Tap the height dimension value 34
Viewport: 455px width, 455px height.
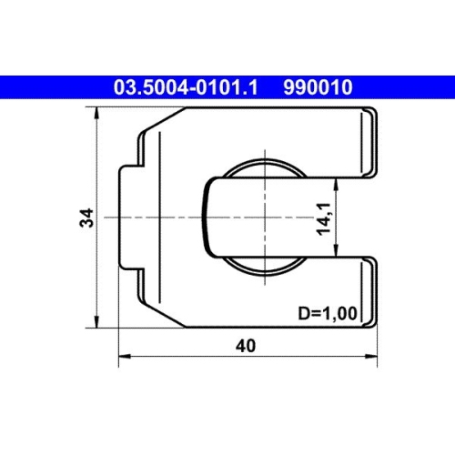point(86,217)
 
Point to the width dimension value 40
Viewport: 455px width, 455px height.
point(245,346)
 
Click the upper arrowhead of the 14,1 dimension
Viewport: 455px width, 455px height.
point(339,181)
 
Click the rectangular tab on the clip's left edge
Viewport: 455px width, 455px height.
point(127,217)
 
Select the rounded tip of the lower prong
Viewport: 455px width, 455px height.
point(370,291)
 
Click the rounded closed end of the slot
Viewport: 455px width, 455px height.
point(205,217)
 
